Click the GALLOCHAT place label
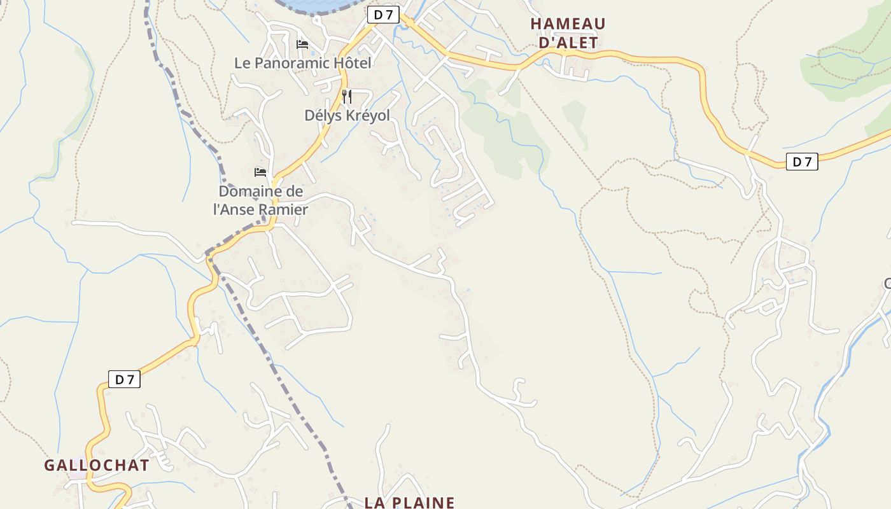(x=97, y=465)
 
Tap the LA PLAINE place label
(x=409, y=502)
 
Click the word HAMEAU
(x=568, y=24)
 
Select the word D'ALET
(x=568, y=43)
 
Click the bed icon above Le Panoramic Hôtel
(x=302, y=45)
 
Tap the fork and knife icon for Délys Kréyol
(x=347, y=97)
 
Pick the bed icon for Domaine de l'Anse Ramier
(x=260, y=172)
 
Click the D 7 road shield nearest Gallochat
(x=124, y=380)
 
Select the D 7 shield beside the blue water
(x=383, y=15)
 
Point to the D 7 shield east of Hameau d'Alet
(x=802, y=162)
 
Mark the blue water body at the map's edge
(x=312, y=5)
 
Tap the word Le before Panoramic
(x=243, y=63)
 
